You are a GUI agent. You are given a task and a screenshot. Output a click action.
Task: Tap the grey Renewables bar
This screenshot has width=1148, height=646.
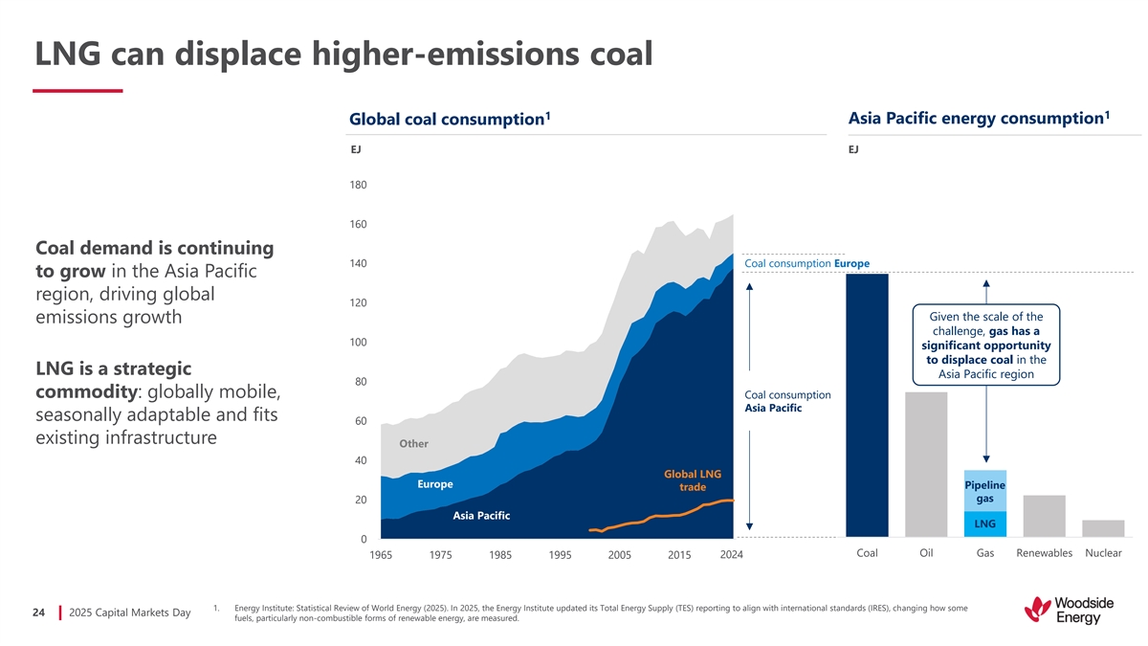[x=1044, y=516]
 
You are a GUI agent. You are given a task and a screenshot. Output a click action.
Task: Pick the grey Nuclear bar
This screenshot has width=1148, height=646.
[x=1102, y=528]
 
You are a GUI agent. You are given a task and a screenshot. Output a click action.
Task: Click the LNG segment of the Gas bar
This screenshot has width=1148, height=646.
[x=984, y=524]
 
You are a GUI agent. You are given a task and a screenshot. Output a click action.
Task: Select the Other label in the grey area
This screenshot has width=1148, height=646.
[x=413, y=444]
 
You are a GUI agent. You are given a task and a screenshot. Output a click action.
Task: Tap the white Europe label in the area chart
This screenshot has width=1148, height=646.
[x=435, y=484]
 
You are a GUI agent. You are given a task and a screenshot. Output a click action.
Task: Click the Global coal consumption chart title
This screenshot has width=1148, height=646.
[x=449, y=120]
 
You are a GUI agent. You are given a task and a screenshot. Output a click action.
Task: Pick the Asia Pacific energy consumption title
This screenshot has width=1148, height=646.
[x=979, y=118]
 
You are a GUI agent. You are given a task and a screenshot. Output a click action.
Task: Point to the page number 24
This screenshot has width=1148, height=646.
[x=39, y=613]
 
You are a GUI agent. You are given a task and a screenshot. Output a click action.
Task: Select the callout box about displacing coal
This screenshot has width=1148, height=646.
[x=985, y=345]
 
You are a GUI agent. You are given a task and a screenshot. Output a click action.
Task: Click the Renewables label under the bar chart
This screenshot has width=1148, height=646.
[x=1044, y=553]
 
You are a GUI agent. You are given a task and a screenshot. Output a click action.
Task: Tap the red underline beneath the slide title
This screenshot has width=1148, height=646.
[x=77, y=91]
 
